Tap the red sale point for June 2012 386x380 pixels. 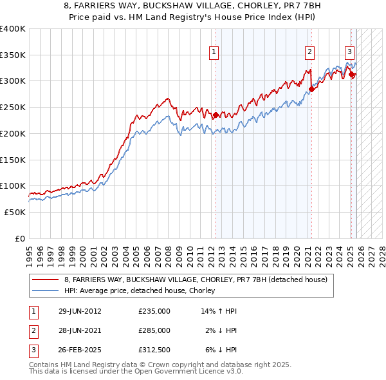pyautogui.click(x=216, y=116)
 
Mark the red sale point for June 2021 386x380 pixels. pyautogui.click(x=311, y=90)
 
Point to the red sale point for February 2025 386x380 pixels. pyautogui.click(x=352, y=75)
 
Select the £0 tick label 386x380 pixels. pyautogui.click(x=20, y=238)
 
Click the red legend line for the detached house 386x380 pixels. pyautogui.click(x=46, y=280)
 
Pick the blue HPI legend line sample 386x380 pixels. pyautogui.click(x=46, y=291)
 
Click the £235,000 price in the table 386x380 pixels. pyautogui.click(x=154, y=311)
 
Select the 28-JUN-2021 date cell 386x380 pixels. pyautogui.click(x=80, y=330)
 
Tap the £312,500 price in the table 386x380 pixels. pyautogui.click(x=154, y=350)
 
